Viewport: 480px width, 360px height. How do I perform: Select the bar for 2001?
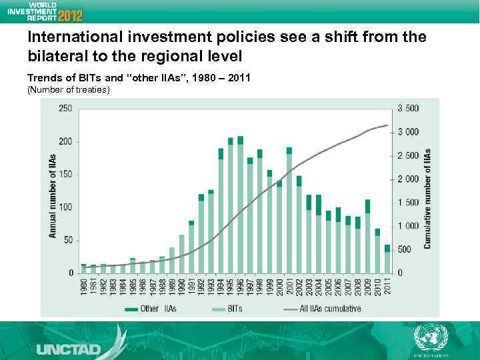point(289,210)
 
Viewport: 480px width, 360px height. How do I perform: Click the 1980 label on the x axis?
point(83,289)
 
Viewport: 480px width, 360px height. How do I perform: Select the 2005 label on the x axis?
point(328,289)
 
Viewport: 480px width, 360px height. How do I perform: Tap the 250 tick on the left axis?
point(66,109)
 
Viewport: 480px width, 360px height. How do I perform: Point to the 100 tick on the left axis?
point(66,207)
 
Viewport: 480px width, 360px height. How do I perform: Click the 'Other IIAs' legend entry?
point(144,309)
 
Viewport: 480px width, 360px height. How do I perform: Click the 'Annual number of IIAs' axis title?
point(52,193)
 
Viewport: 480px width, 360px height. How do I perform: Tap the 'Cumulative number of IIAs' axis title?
point(427,199)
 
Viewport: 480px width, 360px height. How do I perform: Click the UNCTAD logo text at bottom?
point(69,349)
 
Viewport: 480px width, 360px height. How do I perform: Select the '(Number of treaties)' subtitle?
point(68,90)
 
